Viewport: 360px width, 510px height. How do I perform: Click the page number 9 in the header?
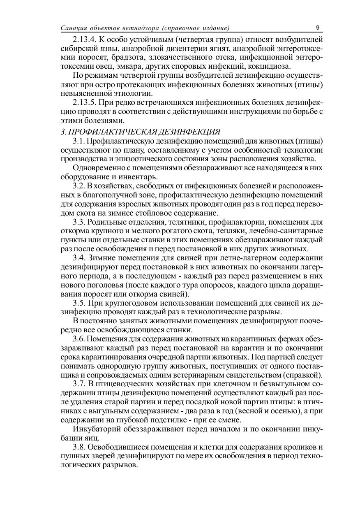(x=318, y=28)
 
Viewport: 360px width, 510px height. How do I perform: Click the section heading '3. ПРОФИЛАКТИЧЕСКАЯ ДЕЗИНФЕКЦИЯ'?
(x=140, y=132)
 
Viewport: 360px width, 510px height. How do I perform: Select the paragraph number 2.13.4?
(x=85, y=39)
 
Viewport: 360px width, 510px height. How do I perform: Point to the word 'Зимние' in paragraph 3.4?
(x=102, y=258)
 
